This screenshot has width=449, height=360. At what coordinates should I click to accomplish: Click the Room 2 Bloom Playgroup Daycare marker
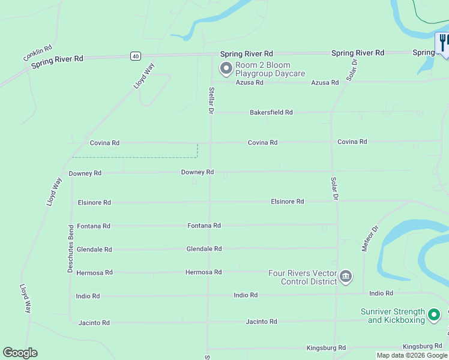[x=226, y=69]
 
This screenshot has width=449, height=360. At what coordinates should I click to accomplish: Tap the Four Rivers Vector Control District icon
[x=346, y=277]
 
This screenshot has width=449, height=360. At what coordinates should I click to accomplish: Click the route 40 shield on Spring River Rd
[x=136, y=56]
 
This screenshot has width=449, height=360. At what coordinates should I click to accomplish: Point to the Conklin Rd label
[x=38, y=53]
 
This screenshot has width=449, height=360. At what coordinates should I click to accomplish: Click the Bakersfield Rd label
[x=271, y=112]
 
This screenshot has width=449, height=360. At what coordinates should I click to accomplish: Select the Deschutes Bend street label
[x=70, y=249]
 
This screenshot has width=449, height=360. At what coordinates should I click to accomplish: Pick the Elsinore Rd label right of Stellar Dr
[x=287, y=202]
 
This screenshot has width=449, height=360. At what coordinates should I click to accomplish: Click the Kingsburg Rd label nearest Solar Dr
[x=326, y=348]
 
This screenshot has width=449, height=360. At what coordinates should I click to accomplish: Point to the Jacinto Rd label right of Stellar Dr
[x=261, y=322]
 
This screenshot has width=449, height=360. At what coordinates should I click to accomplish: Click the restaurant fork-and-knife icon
[x=443, y=43]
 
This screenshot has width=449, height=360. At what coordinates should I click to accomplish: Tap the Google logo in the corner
[x=20, y=353]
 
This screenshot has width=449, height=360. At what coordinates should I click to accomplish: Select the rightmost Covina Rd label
[x=352, y=142]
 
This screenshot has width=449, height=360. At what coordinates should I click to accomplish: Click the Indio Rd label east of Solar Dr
[x=381, y=293]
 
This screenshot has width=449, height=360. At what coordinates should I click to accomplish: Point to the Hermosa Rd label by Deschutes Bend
[x=94, y=272]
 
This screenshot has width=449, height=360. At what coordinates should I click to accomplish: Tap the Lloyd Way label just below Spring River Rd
[x=143, y=76]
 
